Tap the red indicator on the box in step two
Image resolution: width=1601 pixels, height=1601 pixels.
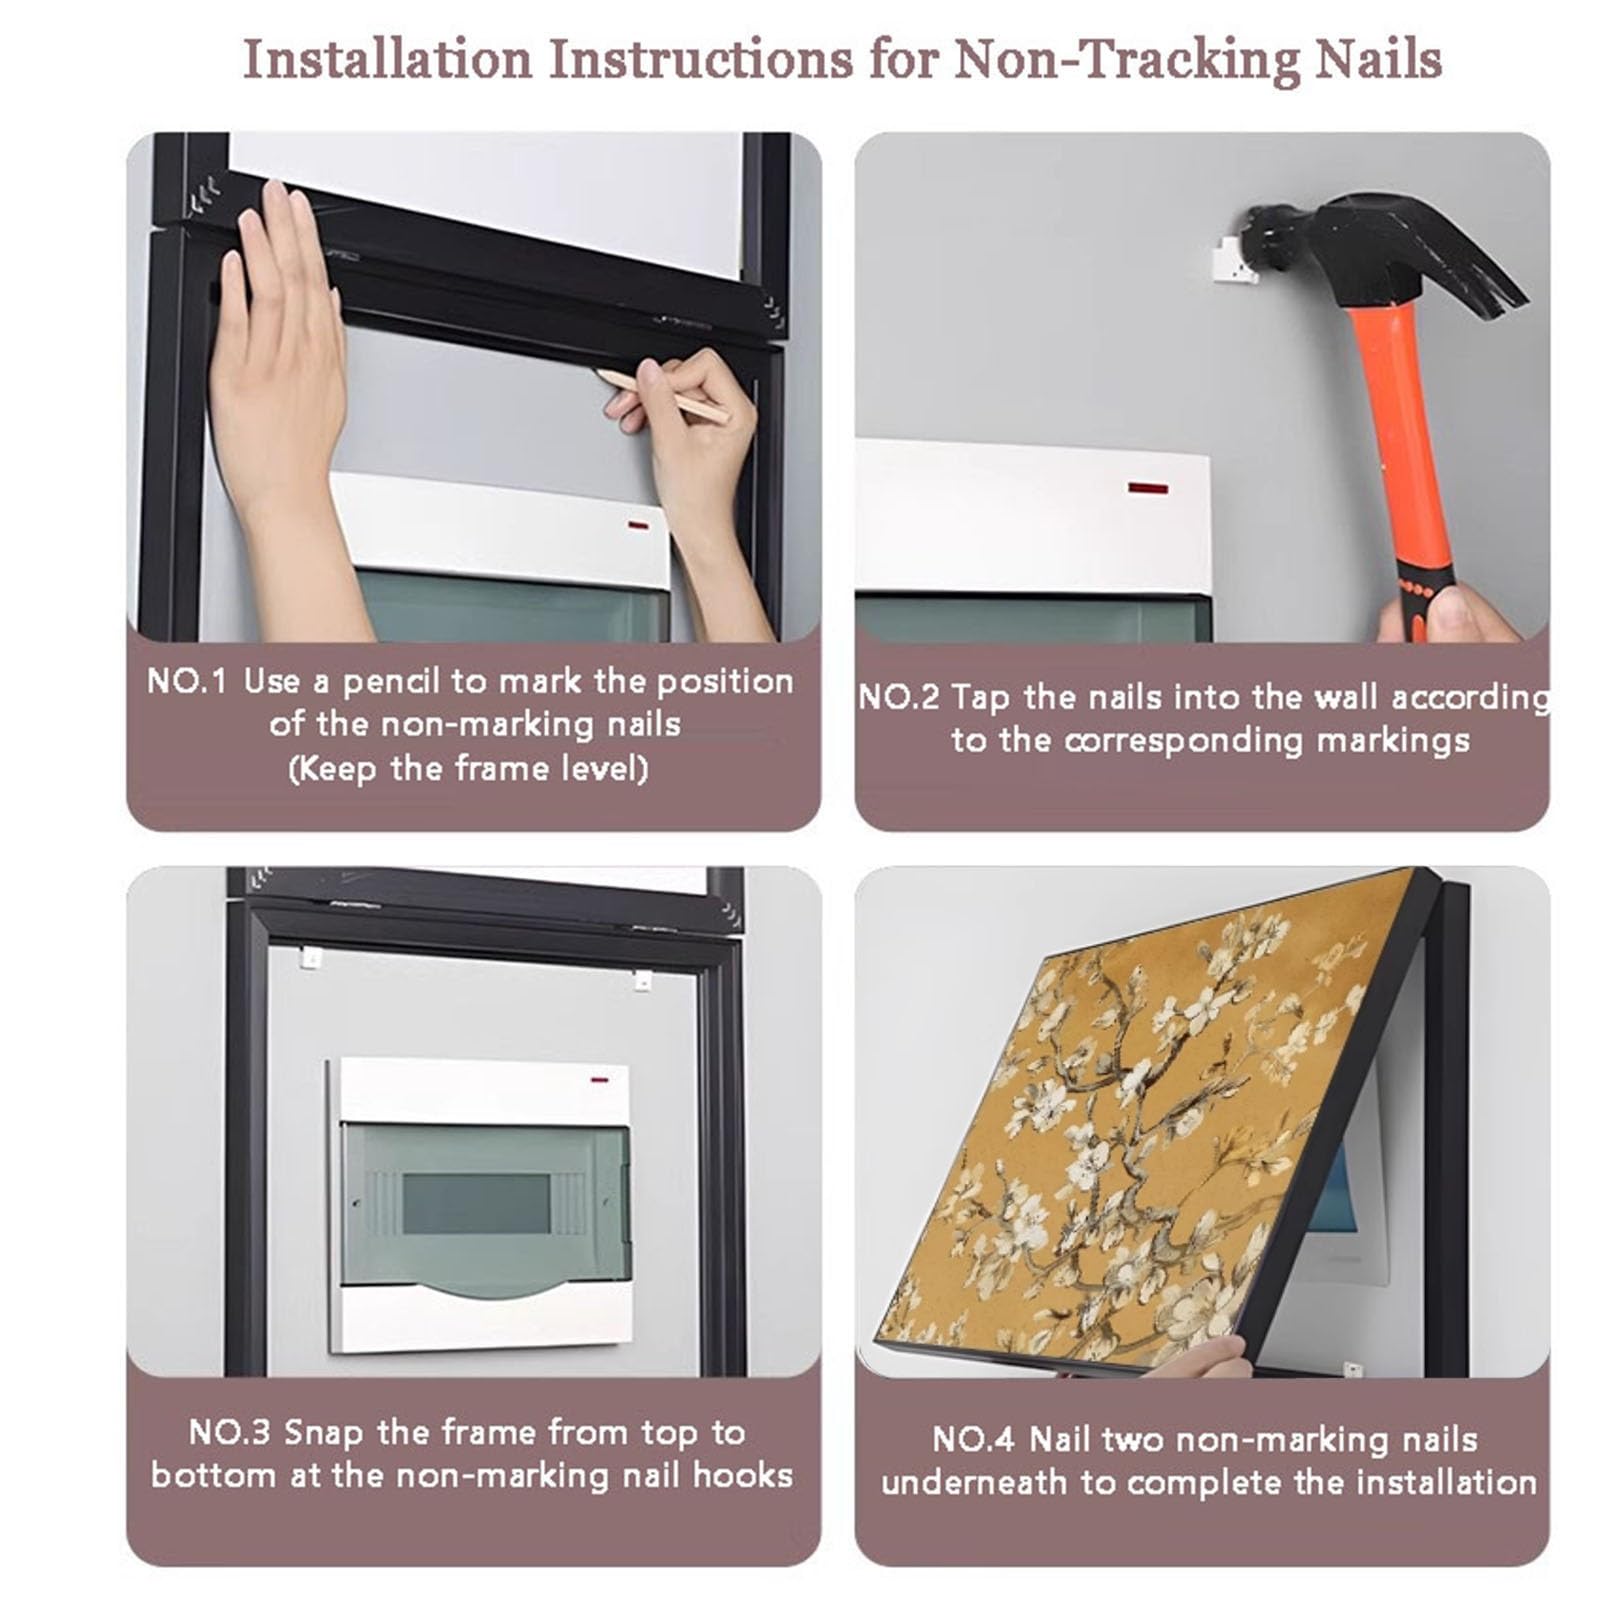click(x=1148, y=488)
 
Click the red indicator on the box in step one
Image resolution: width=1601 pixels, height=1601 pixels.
click(x=638, y=525)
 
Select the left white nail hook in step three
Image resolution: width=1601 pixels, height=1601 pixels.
click(x=311, y=958)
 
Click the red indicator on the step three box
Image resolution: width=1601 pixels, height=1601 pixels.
click(x=600, y=1080)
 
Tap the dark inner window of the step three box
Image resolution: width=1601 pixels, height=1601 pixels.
click(x=476, y=1204)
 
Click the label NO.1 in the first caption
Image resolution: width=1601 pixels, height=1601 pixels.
click(x=186, y=682)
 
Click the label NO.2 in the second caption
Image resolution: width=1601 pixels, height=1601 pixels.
click(x=899, y=697)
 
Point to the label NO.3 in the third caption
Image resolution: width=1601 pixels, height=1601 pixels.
click(x=229, y=1433)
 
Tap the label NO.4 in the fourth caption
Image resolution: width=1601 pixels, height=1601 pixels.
click(x=973, y=1440)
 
